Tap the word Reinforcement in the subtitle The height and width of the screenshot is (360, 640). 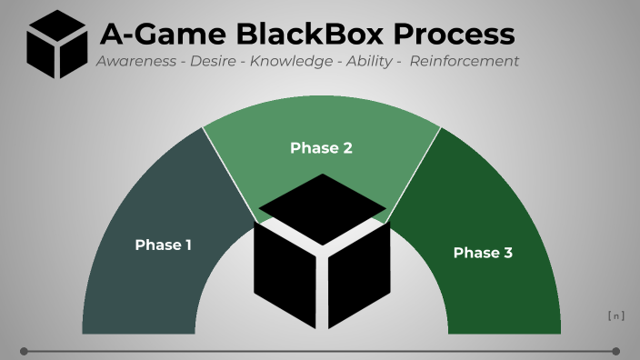tap(465, 61)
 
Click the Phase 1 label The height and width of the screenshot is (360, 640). tap(164, 245)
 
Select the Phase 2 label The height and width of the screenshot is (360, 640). tap(321, 147)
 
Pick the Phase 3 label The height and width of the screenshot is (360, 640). tap(483, 253)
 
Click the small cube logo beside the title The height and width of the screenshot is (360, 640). tap(56, 45)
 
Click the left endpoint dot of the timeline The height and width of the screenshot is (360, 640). tap(24, 351)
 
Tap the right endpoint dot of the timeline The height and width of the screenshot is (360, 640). tap(615, 351)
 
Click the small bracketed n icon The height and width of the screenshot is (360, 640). tap(615, 316)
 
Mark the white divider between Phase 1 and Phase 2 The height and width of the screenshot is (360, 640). tap(229, 172)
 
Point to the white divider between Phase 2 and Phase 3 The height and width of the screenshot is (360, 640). tap(414, 174)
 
